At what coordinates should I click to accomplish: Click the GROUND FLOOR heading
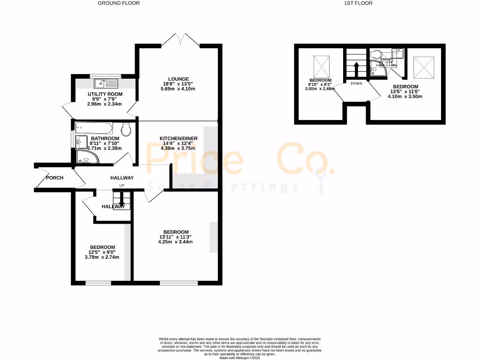(119, 3)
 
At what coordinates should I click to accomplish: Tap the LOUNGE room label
(179, 79)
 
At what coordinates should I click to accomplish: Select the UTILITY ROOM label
(105, 94)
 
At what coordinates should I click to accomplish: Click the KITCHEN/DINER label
(179, 139)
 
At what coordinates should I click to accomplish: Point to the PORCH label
(54, 178)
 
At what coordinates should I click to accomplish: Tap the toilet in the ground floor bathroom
(125, 129)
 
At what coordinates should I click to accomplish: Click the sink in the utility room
(105, 83)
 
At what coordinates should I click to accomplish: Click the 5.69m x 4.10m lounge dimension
(179, 89)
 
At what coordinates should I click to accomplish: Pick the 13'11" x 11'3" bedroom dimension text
(176, 237)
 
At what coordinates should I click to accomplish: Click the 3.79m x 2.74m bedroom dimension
(102, 257)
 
